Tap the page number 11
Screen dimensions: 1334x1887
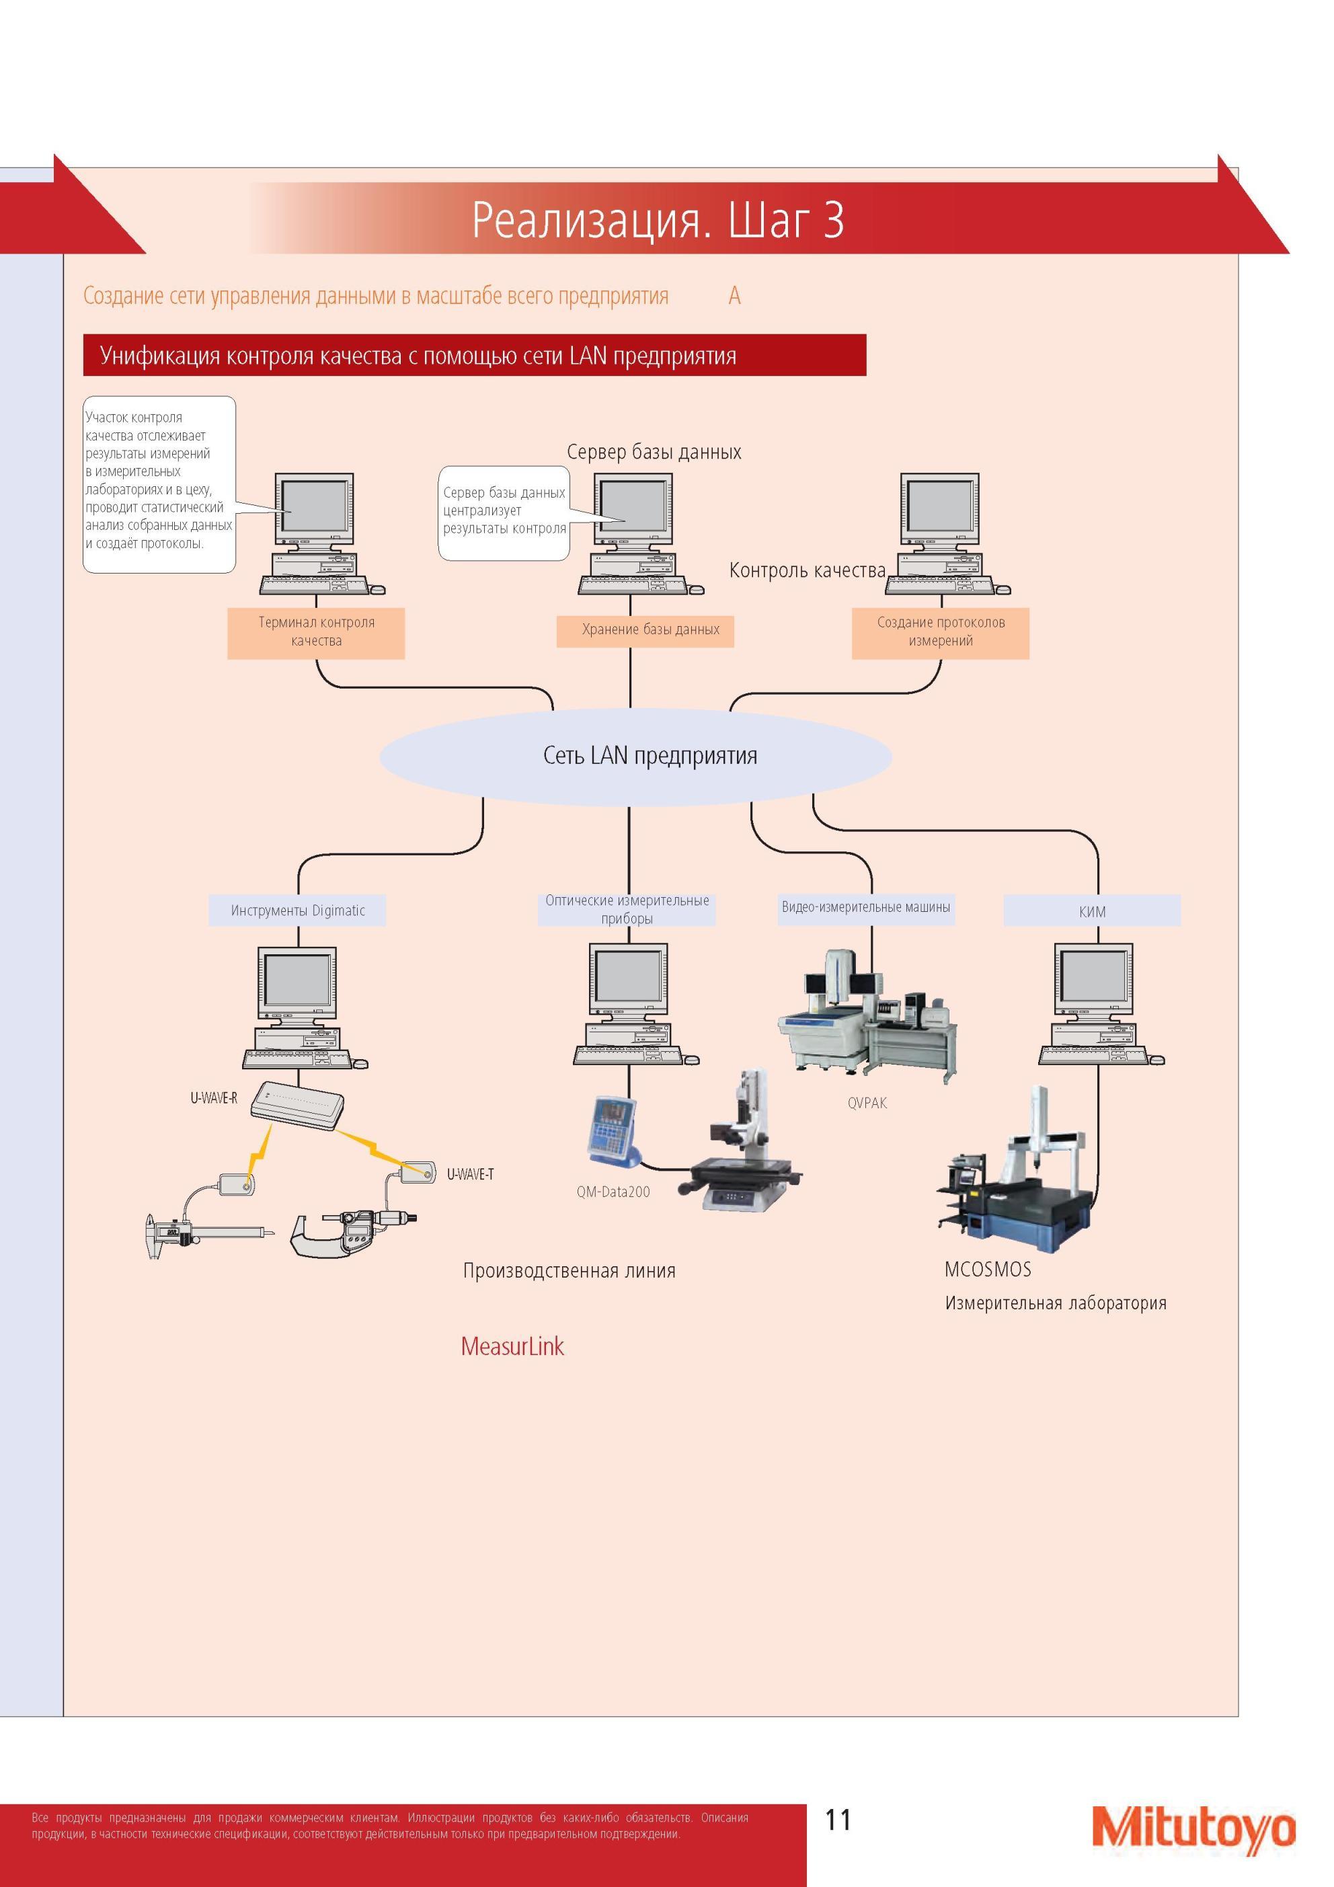point(838,1820)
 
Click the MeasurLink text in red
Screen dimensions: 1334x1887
point(512,1346)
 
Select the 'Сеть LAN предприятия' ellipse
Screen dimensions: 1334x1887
point(635,756)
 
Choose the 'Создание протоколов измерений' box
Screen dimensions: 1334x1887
point(940,632)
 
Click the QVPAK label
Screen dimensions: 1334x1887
point(867,1103)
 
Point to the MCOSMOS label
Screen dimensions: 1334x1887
point(987,1269)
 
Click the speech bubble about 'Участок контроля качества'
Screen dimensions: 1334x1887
point(159,484)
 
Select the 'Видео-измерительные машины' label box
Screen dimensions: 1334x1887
point(865,908)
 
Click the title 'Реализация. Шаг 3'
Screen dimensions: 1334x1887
point(658,219)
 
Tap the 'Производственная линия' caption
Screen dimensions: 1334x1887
point(569,1270)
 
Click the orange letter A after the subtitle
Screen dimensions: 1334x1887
point(734,296)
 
